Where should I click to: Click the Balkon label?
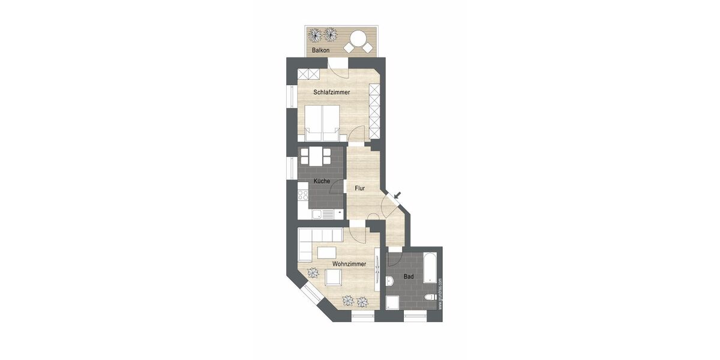click(x=320, y=50)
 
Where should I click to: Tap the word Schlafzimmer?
click(x=332, y=92)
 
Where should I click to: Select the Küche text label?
click(x=322, y=181)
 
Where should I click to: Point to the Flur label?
click(x=360, y=188)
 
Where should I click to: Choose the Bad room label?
click(x=408, y=277)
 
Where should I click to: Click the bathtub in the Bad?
click(x=430, y=268)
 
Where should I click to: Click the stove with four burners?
click(x=302, y=196)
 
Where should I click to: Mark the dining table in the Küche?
click(x=316, y=157)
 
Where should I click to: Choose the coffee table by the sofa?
click(x=326, y=250)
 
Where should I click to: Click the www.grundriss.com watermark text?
click(x=440, y=293)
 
